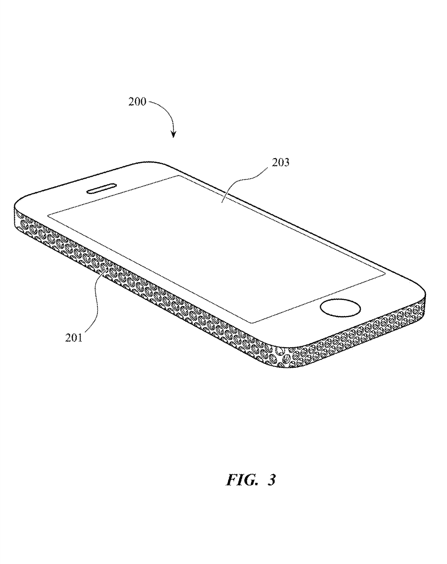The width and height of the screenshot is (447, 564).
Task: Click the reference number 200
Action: [137, 101]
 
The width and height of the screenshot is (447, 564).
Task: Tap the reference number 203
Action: [281, 163]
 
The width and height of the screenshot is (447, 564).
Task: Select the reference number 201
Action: [74, 338]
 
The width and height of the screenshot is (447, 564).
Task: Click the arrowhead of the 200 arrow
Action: [173, 134]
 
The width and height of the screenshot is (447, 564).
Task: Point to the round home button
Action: [340, 309]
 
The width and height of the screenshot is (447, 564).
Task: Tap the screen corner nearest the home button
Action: [385, 275]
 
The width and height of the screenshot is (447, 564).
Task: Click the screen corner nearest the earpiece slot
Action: [178, 176]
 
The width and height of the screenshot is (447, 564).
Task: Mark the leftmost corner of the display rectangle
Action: [48, 215]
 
